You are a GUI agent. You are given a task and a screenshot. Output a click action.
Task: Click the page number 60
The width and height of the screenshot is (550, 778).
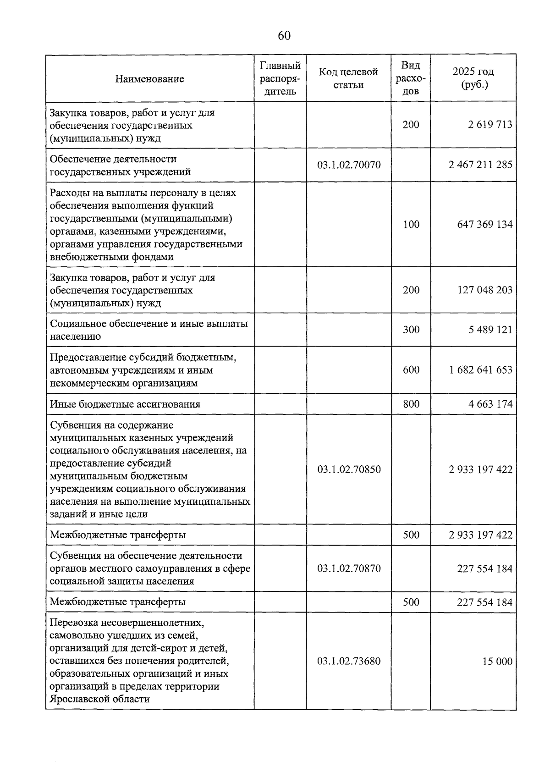pos(284,36)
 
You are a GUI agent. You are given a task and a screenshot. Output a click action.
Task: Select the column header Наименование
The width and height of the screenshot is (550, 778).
pos(149,78)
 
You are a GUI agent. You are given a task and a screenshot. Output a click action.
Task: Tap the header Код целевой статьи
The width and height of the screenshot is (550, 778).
pos(348,78)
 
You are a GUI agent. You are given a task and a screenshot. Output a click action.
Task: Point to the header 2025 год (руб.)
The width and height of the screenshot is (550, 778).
pos(473,78)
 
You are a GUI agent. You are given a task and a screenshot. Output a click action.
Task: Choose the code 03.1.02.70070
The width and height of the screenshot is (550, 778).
pos(349,165)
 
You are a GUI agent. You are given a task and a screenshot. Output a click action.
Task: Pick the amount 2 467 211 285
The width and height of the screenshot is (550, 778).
pos(480,165)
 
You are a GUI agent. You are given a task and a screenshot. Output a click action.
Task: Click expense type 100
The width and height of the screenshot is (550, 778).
pos(411,224)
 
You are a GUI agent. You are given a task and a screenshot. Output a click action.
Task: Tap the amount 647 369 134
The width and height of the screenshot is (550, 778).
pos(485,224)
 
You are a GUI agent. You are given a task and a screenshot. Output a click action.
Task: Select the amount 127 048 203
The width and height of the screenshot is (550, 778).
pos(485,290)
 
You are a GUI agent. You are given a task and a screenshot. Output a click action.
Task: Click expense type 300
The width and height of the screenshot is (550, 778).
pos(411,330)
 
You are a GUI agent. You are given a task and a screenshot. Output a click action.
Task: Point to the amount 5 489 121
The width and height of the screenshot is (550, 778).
pos(490,330)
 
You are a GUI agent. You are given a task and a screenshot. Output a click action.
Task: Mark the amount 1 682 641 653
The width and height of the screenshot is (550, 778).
pos(480,370)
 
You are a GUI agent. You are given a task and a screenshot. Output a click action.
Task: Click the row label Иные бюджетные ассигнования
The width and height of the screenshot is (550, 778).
pos(125,404)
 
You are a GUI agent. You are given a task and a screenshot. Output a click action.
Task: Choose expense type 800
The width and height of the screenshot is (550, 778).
pos(411,404)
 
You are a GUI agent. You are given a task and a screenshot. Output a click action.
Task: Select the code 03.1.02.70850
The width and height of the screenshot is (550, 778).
pos(349,469)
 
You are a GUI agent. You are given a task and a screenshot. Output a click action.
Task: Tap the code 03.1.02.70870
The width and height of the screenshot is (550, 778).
pos(349,568)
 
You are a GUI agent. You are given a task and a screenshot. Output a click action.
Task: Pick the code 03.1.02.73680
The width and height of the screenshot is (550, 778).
pos(349,662)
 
